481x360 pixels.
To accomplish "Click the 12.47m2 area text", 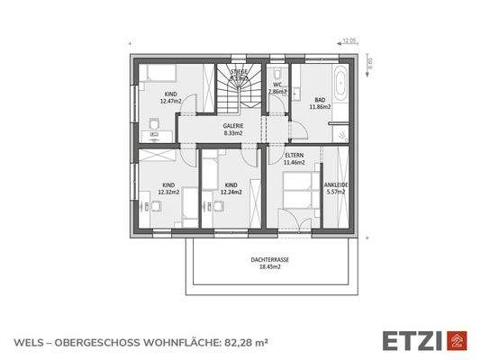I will [x=170, y=101].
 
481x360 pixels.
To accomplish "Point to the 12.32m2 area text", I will [x=168, y=192].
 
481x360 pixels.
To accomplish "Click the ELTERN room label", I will [x=294, y=155].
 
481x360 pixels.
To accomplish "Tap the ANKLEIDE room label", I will [x=335, y=184].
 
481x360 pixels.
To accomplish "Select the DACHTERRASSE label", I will [x=269, y=259].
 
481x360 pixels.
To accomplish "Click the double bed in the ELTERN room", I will [x=294, y=193].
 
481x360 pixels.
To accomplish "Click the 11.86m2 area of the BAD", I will [x=320, y=106].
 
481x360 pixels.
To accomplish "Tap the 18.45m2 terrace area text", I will [x=269, y=267].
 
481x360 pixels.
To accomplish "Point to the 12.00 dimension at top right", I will [x=349, y=40].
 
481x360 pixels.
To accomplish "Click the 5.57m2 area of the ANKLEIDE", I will [x=335, y=192].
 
